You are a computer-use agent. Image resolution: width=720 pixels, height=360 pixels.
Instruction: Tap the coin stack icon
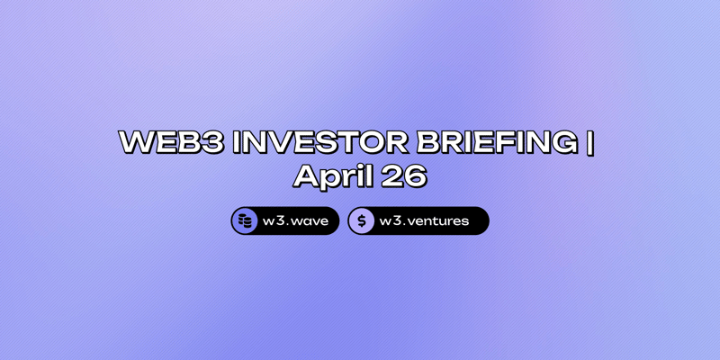tap(245, 220)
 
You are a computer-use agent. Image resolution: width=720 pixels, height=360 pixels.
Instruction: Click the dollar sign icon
tap(362, 220)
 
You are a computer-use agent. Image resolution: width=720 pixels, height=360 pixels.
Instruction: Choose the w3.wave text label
tap(294, 220)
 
